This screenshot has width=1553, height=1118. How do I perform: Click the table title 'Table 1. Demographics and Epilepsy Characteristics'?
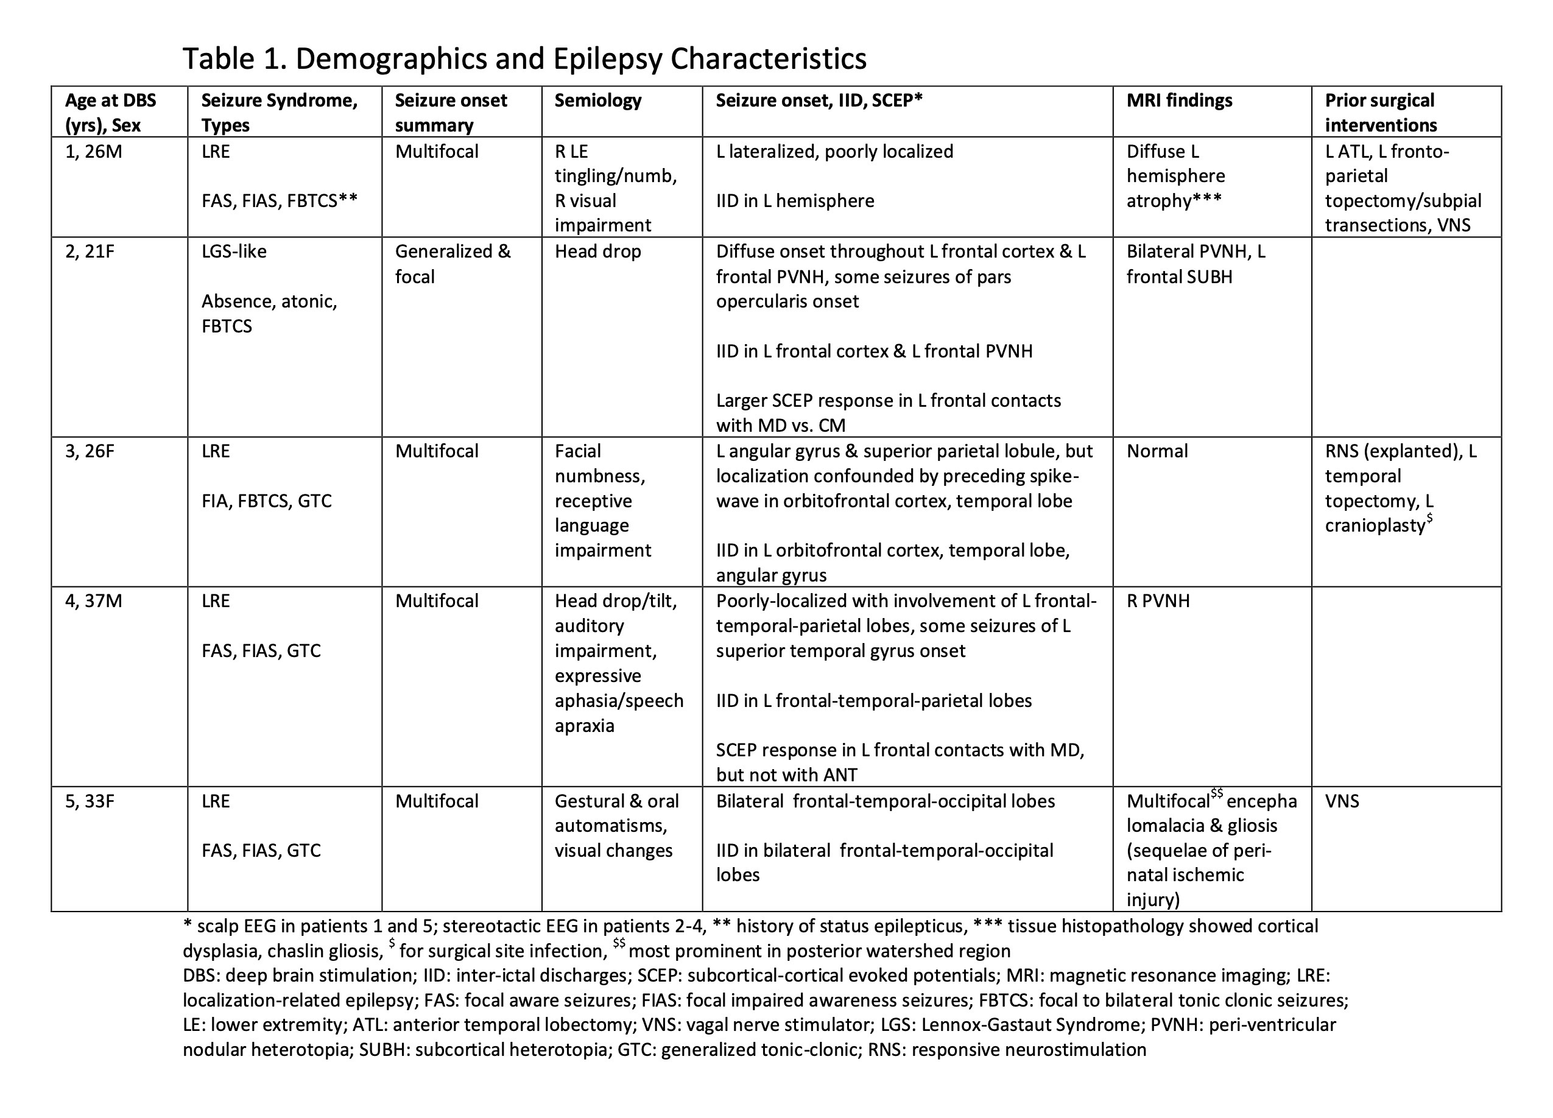click(x=524, y=59)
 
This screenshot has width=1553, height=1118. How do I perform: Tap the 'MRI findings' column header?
click(x=1178, y=100)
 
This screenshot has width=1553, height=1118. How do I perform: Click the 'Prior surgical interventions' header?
click(x=1380, y=112)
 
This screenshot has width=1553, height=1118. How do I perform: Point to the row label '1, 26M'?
click(x=93, y=151)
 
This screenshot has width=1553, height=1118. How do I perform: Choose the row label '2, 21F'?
click(x=90, y=251)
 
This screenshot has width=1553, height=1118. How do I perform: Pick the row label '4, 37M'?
click(x=93, y=600)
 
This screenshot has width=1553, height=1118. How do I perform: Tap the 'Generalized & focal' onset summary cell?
click(x=452, y=264)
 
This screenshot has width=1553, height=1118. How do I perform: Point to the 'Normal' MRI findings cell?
click(x=1157, y=451)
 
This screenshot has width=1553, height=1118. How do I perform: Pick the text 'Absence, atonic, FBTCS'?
click(x=269, y=314)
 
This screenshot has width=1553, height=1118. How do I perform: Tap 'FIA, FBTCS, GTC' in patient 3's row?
click(x=266, y=501)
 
